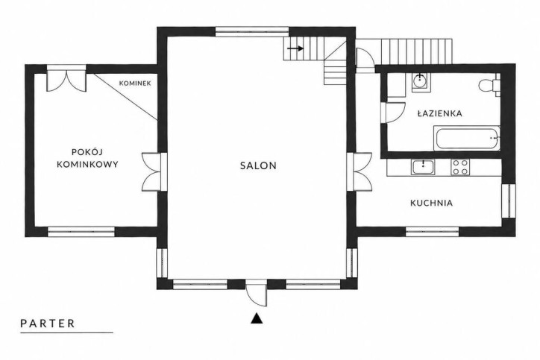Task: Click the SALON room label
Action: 258,165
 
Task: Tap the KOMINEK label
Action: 135,83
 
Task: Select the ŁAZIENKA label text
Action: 440,113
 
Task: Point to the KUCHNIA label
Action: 432,203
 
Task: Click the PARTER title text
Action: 48,323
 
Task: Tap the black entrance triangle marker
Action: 257,319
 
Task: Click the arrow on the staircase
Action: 295,48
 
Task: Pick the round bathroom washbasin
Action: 421,82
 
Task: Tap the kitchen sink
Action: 423,167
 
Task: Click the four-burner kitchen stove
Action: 460,168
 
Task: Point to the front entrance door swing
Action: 257,292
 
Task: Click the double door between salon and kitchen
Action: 360,171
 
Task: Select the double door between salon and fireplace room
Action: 154,171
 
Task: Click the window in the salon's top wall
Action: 252,31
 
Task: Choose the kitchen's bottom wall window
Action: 432,232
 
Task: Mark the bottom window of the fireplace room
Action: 81,232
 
